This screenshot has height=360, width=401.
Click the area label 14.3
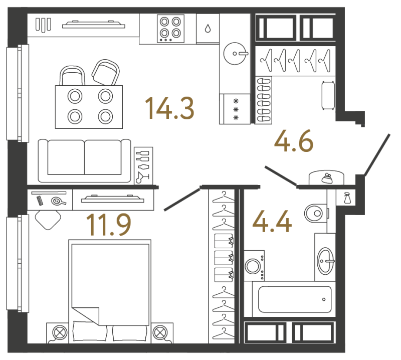pos(169,108)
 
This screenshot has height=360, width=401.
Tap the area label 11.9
pos(109,225)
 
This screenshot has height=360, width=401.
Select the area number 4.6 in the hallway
pos(294,141)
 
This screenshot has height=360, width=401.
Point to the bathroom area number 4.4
pos(272,221)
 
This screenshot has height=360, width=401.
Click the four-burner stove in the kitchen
pos(170,29)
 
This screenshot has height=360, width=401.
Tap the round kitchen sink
pos(235,54)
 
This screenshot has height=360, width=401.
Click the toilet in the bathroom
pos(316,213)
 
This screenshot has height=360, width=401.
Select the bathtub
pos(295,299)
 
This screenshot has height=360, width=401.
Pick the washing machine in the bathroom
pos(254,266)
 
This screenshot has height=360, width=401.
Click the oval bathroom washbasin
pos(325,261)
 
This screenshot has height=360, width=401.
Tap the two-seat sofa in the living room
pos(84,160)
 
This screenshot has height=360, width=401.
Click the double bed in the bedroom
pos(110,291)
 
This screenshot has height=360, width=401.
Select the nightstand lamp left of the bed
pos(60,332)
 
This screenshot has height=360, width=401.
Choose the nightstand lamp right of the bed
pos(160,332)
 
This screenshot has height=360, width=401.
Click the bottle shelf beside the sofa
pos(143,166)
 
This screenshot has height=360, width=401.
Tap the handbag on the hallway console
pos(327,178)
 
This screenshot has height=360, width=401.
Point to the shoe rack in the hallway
pos(264,100)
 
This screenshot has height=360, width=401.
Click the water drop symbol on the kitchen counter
pos(208,29)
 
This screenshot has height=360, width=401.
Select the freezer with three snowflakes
pos(235,109)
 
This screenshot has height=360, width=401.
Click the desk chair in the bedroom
pos(48,219)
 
